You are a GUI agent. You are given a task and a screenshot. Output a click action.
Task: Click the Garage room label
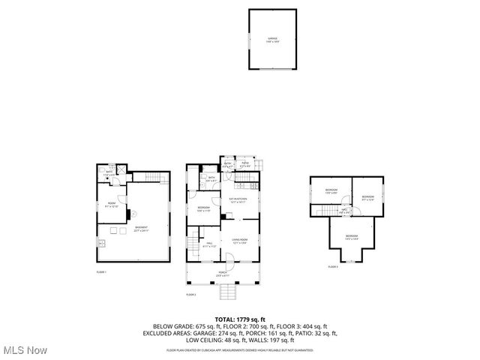[x=274, y=40]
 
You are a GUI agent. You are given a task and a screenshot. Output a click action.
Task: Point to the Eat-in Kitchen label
[x=238, y=200]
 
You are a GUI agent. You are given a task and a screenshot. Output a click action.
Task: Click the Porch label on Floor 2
[x=223, y=273]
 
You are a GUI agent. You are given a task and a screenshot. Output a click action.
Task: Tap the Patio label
[x=245, y=163]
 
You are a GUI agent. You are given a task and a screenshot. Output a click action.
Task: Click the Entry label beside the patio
[x=228, y=163]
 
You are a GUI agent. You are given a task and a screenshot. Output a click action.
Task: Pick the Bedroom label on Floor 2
[x=203, y=208]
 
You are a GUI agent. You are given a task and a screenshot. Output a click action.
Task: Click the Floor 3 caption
[x=333, y=267]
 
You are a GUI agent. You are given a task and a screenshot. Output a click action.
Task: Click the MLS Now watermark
[x=24, y=350]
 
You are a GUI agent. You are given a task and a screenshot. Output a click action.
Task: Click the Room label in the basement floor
[x=111, y=204]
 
